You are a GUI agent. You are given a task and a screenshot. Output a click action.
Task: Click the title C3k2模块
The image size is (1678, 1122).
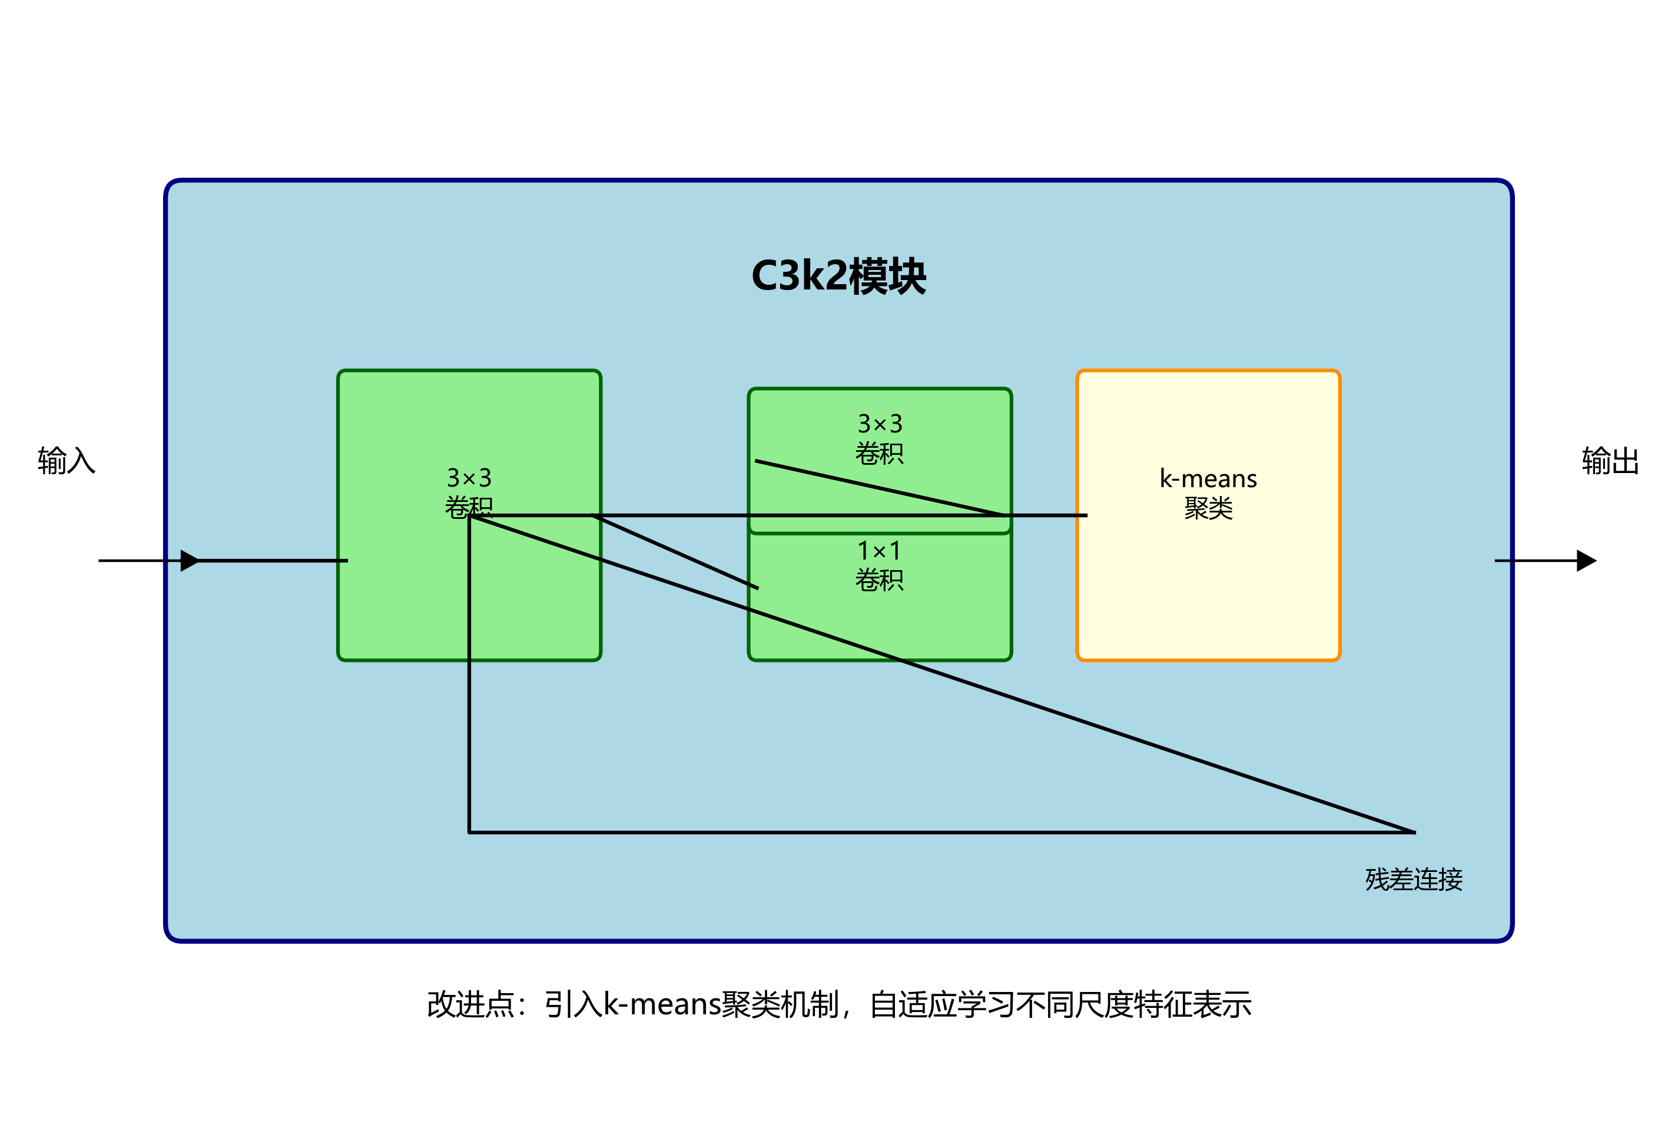point(838,276)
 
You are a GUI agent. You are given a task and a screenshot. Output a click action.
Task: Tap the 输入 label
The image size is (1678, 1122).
point(66,461)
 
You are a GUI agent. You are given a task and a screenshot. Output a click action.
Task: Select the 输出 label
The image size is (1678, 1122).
point(1611,461)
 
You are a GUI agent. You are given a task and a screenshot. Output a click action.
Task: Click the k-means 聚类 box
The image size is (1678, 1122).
point(1208,587)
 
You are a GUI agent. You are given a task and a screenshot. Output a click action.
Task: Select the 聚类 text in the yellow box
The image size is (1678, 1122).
point(1208,509)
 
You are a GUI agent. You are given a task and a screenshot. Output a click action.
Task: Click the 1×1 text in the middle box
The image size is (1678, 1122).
point(879,551)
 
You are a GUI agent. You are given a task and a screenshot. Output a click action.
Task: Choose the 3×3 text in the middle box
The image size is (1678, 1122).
point(880,424)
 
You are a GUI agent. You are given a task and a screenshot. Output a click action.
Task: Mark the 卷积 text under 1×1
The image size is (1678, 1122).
point(879,580)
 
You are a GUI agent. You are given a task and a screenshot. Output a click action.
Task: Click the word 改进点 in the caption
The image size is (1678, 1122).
point(470,1005)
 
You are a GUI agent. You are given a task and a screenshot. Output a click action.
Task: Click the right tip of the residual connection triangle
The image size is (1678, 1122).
point(1413,831)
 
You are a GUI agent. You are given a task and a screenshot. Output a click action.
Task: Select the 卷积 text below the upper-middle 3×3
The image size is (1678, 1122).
point(879,454)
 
